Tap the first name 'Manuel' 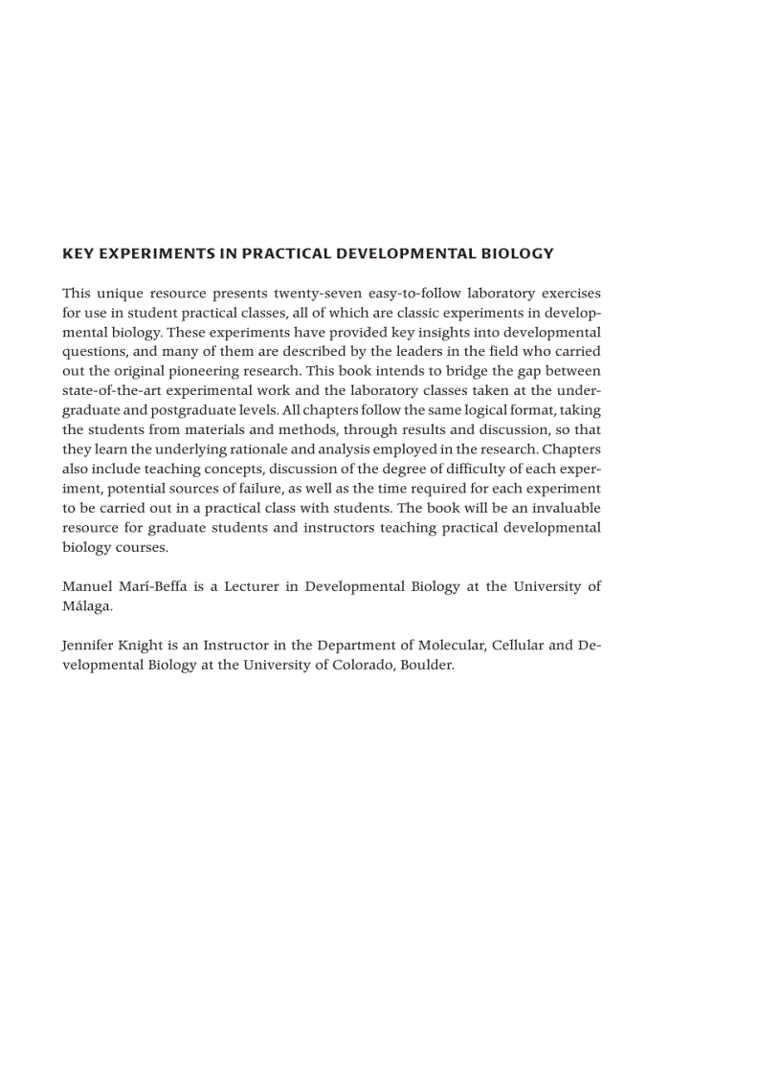tap(88, 586)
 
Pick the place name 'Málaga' tap(86, 606)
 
